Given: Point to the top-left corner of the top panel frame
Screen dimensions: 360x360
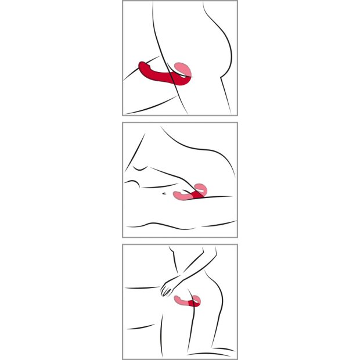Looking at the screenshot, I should (x=123, y=1).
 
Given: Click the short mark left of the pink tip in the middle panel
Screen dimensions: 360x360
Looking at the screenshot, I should (x=165, y=192).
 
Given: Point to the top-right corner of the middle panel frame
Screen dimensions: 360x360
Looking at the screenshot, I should (x=237, y=123).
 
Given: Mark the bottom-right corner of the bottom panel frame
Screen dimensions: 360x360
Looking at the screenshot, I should (x=237, y=359).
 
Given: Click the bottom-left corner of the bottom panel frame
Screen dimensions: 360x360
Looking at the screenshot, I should (x=123, y=359).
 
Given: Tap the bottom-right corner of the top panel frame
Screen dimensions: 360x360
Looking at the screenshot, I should (x=237, y=115).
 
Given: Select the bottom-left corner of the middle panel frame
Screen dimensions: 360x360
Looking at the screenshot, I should (x=123, y=237).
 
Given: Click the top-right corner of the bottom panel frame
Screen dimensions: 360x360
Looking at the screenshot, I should (x=237, y=245).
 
